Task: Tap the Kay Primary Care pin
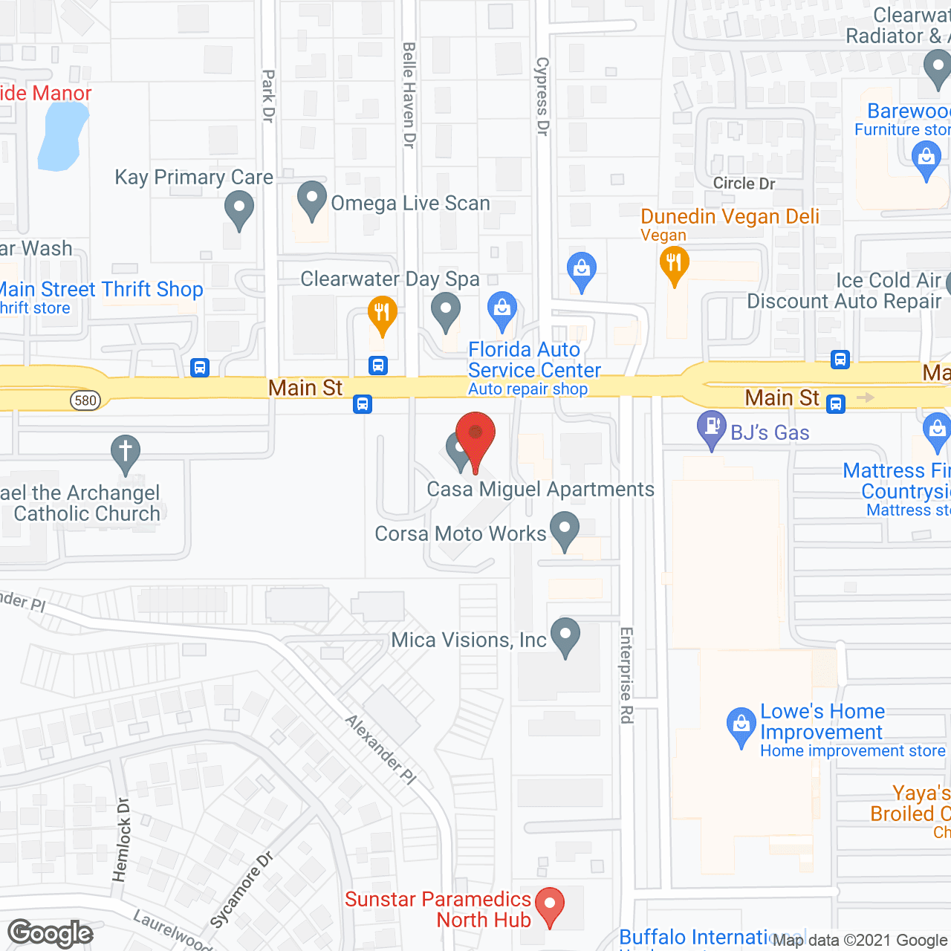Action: pos(238,209)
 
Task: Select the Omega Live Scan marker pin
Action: pos(312,199)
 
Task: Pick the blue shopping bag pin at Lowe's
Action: pos(741,726)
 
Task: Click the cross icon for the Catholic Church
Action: pos(126,452)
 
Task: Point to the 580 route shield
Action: pos(85,400)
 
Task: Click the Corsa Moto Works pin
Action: pos(565,530)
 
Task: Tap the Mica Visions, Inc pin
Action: pos(565,636)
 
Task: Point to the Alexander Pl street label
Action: pos(381,750)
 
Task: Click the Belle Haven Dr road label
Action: pos(409,95)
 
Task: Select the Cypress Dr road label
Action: pos(542,97)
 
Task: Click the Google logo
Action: pos(51,933)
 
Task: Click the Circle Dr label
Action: pos(744,184)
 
